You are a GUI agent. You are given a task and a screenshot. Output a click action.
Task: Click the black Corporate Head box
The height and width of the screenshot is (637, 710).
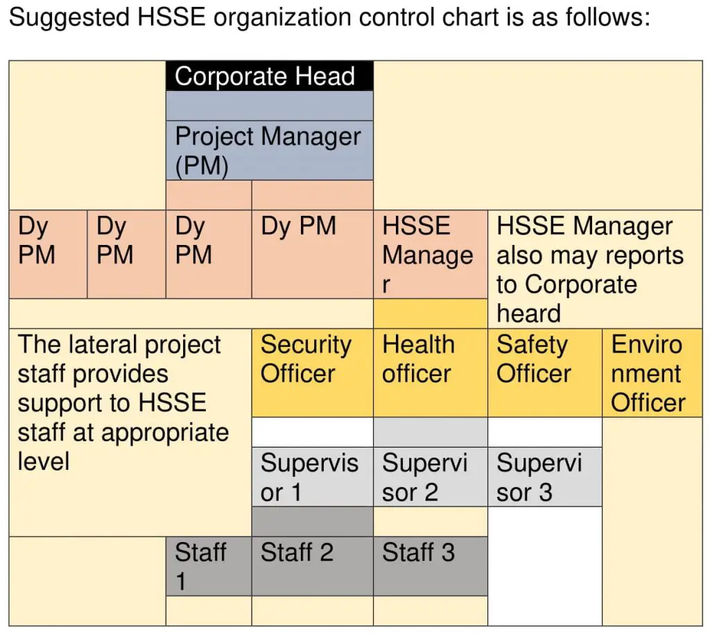coord(270,76)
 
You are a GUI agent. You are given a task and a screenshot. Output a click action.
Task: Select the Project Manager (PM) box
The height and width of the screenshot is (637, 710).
coord(270,151)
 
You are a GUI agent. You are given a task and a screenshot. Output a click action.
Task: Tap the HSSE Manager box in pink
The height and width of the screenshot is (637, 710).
coord(430,254)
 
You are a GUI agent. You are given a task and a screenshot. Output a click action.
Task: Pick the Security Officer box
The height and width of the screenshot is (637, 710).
coord(313,373)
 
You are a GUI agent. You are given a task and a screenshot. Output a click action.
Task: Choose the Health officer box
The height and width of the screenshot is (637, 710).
coord(430,373)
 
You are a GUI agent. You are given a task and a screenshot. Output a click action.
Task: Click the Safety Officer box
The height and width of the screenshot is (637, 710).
coord(545,373)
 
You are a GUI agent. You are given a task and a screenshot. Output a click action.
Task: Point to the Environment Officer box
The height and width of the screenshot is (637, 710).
coord(652,373)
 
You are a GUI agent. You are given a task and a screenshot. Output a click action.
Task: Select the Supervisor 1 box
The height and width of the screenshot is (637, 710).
coord(313,477)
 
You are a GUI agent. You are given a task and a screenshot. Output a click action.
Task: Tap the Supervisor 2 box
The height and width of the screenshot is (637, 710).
coord(430,477)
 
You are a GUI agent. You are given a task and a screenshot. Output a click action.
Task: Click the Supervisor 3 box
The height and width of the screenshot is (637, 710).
coord(545,477)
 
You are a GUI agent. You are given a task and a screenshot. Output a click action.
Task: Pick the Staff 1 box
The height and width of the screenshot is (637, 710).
coord(209,566)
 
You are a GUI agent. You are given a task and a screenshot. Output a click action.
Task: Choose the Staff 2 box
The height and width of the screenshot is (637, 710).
coord(313,566)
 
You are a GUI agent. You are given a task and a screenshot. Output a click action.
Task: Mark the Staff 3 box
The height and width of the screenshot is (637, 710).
coord(430,566)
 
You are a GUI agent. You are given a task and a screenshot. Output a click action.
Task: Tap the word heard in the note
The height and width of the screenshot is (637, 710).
coord(528,313)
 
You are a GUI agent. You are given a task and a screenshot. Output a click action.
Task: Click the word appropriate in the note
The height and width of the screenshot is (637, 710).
coord(165,433)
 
